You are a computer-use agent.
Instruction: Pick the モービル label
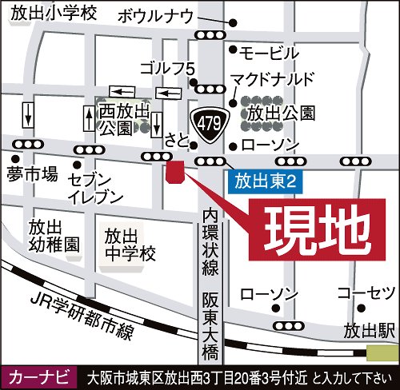(270, 54)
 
